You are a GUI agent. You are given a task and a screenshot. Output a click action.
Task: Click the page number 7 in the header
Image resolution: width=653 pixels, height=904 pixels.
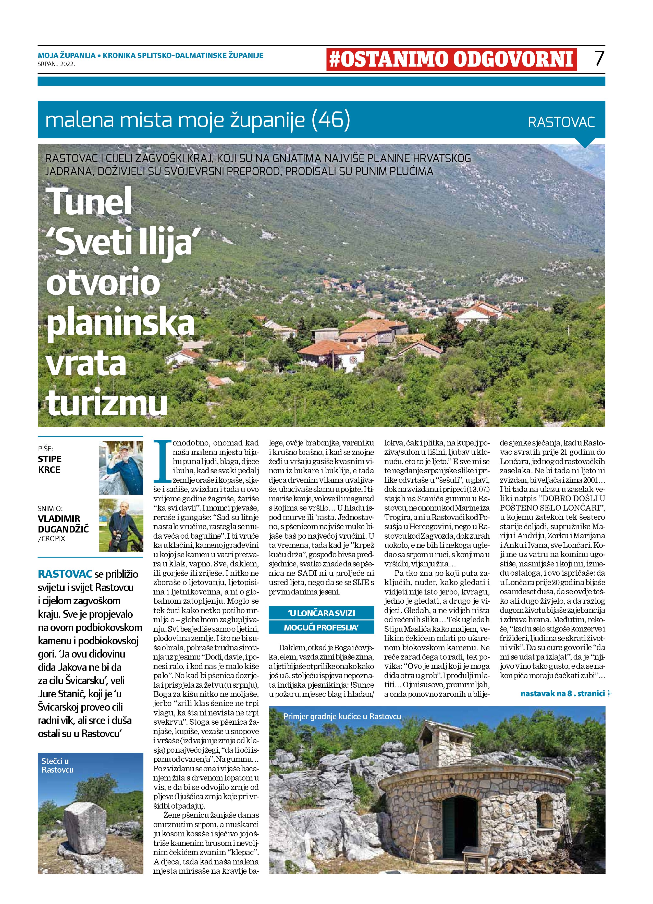pyautogui.click(x=599, y=59)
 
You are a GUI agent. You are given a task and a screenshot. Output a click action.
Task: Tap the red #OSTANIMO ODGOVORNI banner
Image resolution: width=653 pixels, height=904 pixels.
pyautogui.click(x=451, y=59)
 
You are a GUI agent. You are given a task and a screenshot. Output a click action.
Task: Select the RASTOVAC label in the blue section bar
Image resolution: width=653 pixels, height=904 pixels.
pyautogui.click(x=561, y=122)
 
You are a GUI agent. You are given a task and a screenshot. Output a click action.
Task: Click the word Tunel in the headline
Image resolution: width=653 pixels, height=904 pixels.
pyautogui.click(x=89, y=202)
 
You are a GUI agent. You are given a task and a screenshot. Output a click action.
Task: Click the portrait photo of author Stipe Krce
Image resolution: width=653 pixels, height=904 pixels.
pyautogui.click(x=121, y=467)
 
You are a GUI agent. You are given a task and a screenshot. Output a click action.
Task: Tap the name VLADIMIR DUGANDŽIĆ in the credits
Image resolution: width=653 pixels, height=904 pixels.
pyautogui.click(x=63, y=524)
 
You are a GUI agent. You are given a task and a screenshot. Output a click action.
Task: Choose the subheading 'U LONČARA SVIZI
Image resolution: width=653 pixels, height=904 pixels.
pyautogui.click(x=321, y=613)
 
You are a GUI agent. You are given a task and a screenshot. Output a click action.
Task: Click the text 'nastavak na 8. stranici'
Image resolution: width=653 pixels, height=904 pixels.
pyautogui.click(x=562, y=694)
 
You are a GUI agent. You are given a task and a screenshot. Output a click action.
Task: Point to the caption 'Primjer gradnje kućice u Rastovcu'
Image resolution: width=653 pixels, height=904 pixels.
pyautogui.click(x=342, y=716)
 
